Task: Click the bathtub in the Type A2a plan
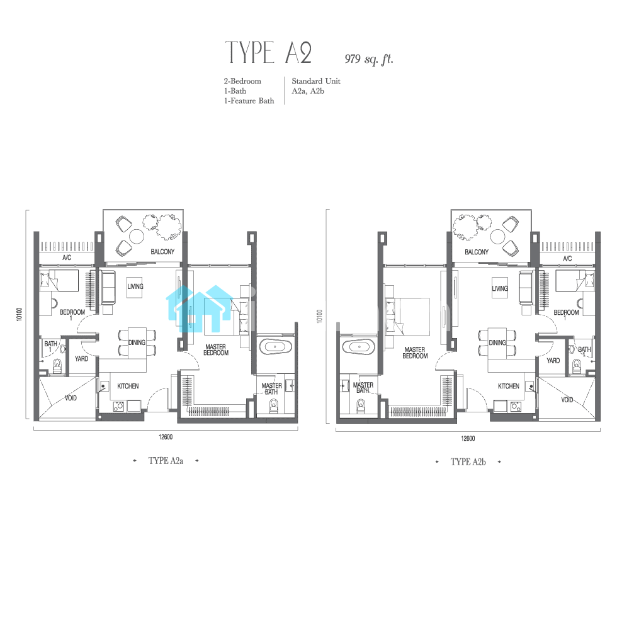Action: [x=276, y=347]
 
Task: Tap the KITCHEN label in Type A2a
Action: [x=128, y=386]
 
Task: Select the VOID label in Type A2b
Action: [x=567, y=400]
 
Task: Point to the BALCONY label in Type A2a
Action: [x=162, y=251]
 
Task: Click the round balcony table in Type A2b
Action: [x=498, y=237]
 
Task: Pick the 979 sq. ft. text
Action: [x=369, y=59]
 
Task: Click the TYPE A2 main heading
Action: [x=269, y=52]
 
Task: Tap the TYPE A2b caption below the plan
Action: [x=468, y=462]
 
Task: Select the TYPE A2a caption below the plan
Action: [x=166, y=461]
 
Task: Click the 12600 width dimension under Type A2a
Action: [x=166, y=437]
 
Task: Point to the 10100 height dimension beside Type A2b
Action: [x=319, y=316]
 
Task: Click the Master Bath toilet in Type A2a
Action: [x=274, y=406]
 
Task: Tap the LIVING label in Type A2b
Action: [x=500, y=288]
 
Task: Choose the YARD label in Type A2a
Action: [x=81, y=359]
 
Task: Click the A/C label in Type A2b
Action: [x=567, y=259]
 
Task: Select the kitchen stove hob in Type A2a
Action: [x=118, y=406]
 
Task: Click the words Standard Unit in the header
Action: [x=316, y=81]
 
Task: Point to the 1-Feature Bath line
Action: [x=249, y=101]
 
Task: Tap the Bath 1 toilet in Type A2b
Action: [x=577, y=366]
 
